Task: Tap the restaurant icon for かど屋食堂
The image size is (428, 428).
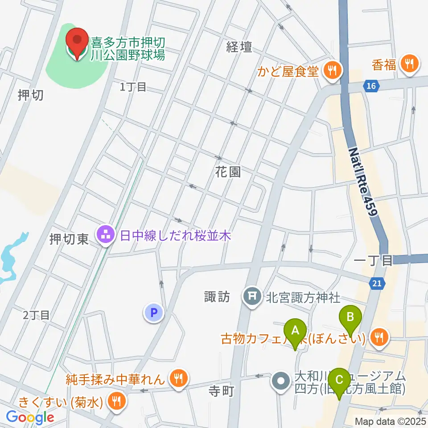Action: [x=332, y=69]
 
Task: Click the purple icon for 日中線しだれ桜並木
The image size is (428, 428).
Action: [x=106, y=236]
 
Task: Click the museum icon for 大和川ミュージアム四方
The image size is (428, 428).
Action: [x=281, y=382]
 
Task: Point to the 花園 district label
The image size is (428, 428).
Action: [x=228, y=173]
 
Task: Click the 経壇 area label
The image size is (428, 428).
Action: [x=239, y=47]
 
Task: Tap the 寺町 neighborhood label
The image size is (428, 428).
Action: [x=222, y=391]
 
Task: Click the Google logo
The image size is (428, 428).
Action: [x=30, y=417]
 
